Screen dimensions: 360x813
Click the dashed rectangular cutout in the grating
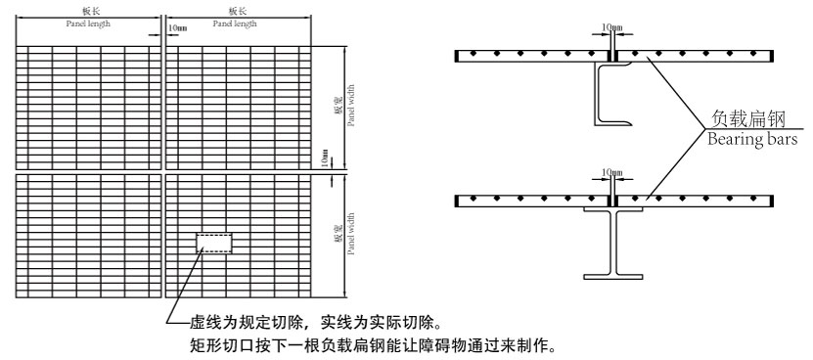(214, 244)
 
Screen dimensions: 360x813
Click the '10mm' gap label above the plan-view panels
(178, 27)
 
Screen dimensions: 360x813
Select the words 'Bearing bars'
(753, 139)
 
